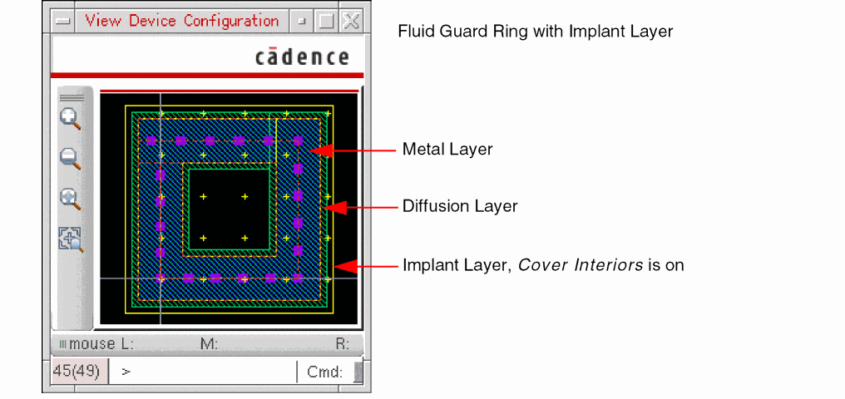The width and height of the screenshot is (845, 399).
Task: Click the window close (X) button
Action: coord(352,22)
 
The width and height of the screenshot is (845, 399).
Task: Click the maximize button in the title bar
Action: coord(326,22)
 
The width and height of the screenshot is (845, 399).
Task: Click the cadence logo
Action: coord(302,57)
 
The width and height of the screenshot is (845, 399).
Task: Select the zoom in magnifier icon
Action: coord(71,118)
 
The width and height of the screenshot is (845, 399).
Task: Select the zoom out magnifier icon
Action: coord(71,158)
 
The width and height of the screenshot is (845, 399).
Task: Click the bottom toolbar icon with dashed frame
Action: coord(71,239)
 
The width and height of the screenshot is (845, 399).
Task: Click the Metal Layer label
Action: coord(447,150)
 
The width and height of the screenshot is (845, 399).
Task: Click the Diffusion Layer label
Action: coord(460,206)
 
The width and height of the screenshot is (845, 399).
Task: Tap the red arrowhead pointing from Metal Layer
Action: coord(323,150)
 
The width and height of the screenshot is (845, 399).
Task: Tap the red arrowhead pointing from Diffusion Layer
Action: coord(333,207)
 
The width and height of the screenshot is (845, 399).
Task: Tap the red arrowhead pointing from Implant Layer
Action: coord(344,266)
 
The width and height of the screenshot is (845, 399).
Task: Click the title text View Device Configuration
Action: coord(181,21)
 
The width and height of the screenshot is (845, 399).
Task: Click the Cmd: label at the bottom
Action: coord(324,372)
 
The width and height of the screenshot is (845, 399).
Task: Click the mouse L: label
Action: coord(101,343)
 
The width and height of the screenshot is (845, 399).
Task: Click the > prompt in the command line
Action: coord(126,372)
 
